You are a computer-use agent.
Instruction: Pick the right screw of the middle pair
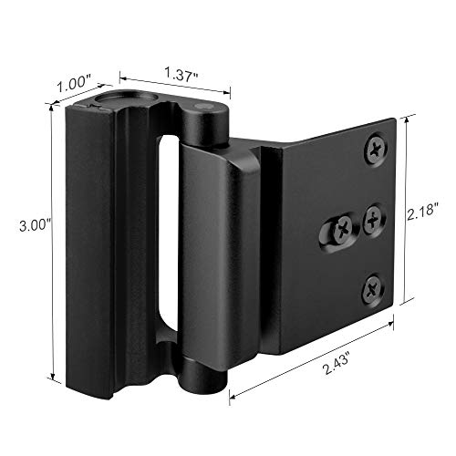click(374, 218)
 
